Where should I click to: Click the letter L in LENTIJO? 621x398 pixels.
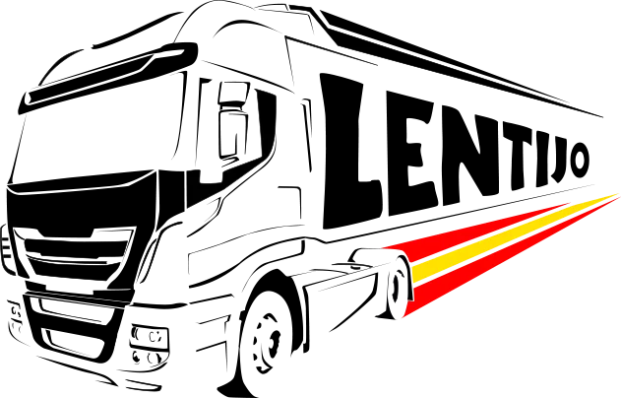[350, 153]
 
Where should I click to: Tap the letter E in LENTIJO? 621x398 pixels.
[412, 154]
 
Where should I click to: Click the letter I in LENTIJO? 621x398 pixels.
[542, 158]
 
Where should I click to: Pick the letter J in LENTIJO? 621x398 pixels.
[558, 160]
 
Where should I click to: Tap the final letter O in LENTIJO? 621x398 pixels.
[579, 160]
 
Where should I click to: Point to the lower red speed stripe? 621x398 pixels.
[511, 258]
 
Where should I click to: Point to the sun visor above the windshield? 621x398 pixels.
[107, 78]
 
